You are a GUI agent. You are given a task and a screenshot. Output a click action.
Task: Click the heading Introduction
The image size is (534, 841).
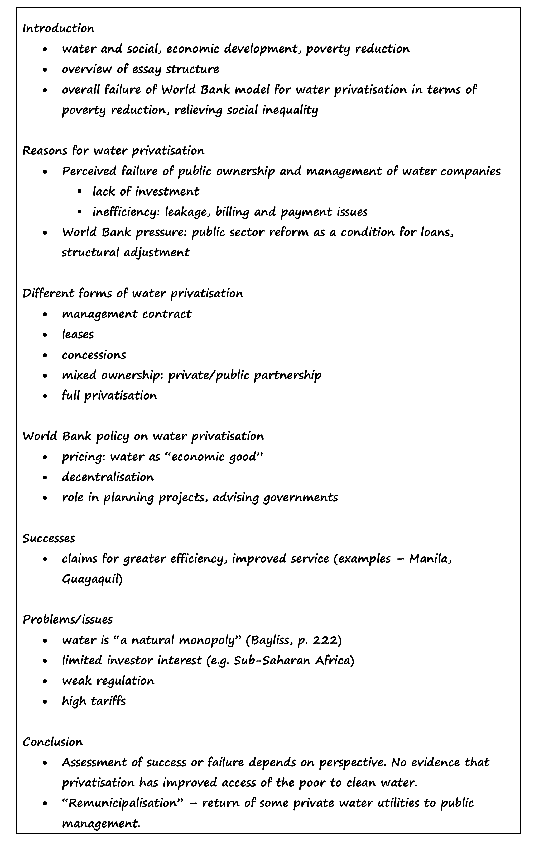(58, 29)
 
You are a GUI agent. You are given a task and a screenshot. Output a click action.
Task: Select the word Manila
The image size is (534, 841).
(430, 559)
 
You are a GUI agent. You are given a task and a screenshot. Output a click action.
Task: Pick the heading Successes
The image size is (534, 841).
(49, 538)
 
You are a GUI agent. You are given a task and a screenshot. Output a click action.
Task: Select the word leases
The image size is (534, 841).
(78, 334)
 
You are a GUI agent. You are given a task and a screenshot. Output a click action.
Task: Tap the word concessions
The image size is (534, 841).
(94, 355)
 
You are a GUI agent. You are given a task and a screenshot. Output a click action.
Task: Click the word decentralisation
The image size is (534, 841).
(108, 477)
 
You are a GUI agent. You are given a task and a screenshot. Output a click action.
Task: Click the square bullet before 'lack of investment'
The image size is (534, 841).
(80, 192)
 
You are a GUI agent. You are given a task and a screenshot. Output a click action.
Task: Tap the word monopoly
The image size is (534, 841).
(210, 640)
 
